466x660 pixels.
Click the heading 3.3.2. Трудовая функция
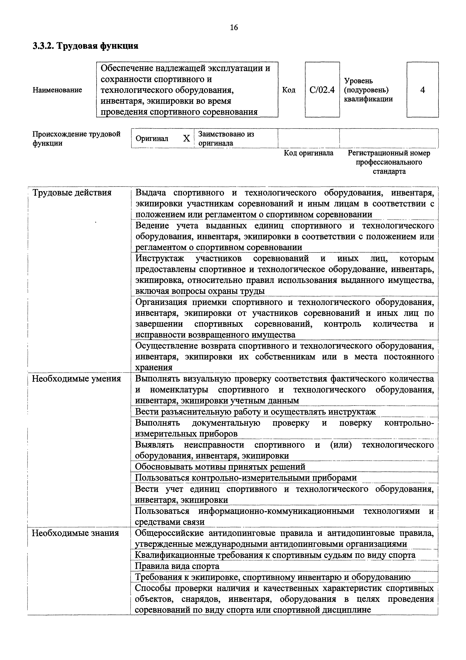[85, 46]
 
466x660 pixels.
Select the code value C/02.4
[322, 90]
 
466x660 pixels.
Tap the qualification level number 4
[422, 90]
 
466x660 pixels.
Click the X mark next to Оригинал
[187, 138]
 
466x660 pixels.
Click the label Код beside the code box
[289, 90]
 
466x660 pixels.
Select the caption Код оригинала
[309, 153]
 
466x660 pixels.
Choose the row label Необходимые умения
[76, 379]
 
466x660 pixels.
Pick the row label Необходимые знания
[75, 533]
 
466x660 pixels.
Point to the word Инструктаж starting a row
[159, 259]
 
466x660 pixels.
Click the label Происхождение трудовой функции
[76, 138]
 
